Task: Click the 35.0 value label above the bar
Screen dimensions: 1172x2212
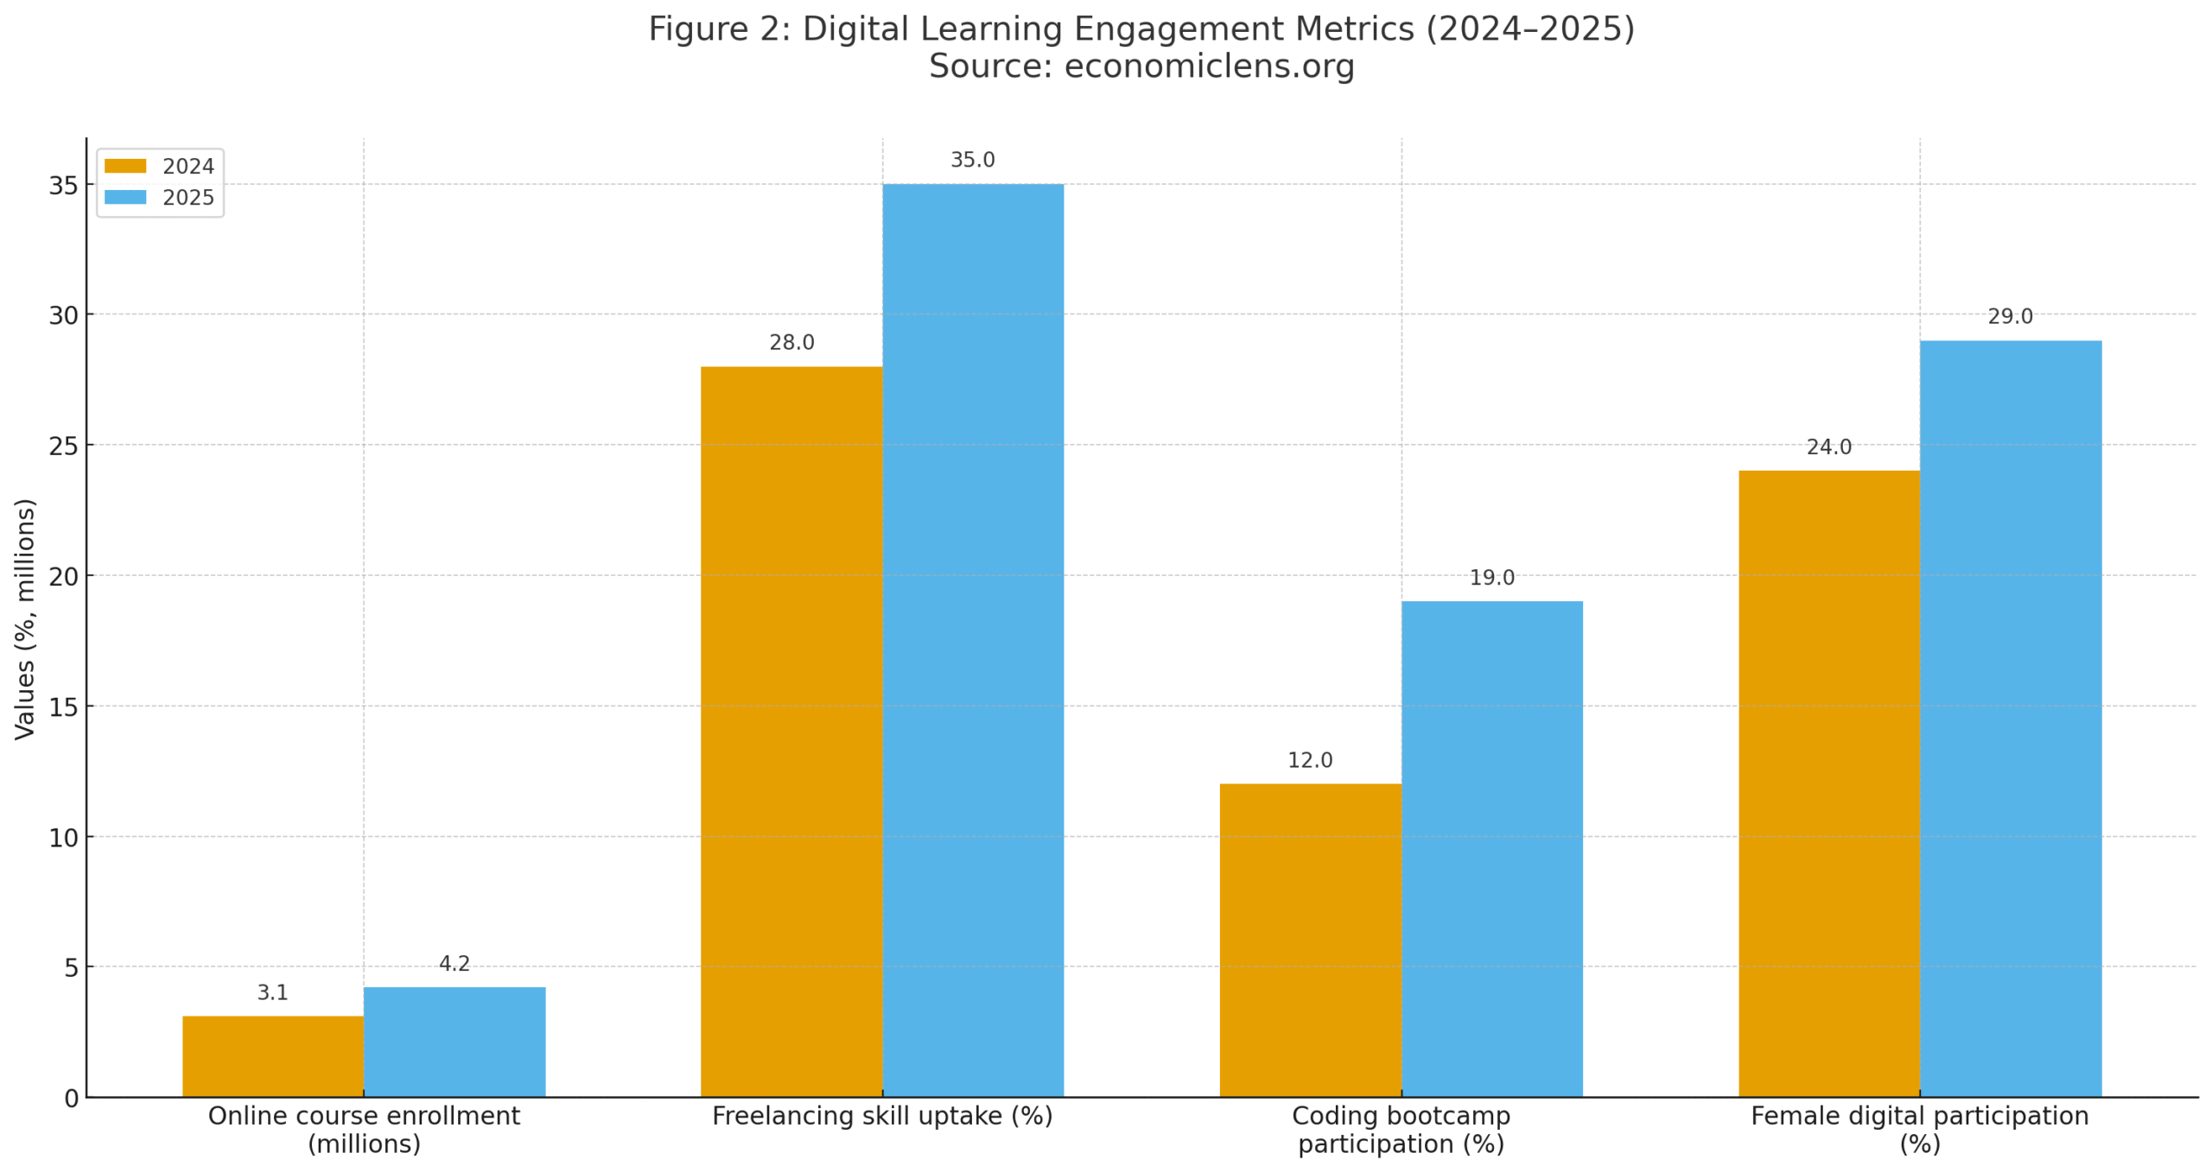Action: click(x=972, y=160)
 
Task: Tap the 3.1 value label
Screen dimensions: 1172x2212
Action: click(x=272, y=992)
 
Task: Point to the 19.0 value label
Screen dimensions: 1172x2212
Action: click(x=1491, y=577)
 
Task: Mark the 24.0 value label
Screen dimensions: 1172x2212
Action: click(x=1828, y=447)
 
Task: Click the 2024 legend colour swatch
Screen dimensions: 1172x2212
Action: click(x=125, y=166)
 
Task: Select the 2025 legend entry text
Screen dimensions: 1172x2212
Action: click(x=188, y=198)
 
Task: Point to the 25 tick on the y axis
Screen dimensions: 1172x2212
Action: click(x=63, y=446)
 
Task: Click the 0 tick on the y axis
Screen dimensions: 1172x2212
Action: click(x=71, y=1098)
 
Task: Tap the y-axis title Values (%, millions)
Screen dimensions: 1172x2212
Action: click(x=25, y=618)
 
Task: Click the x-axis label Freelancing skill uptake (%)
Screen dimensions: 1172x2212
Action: click(x=881, y=1116)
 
